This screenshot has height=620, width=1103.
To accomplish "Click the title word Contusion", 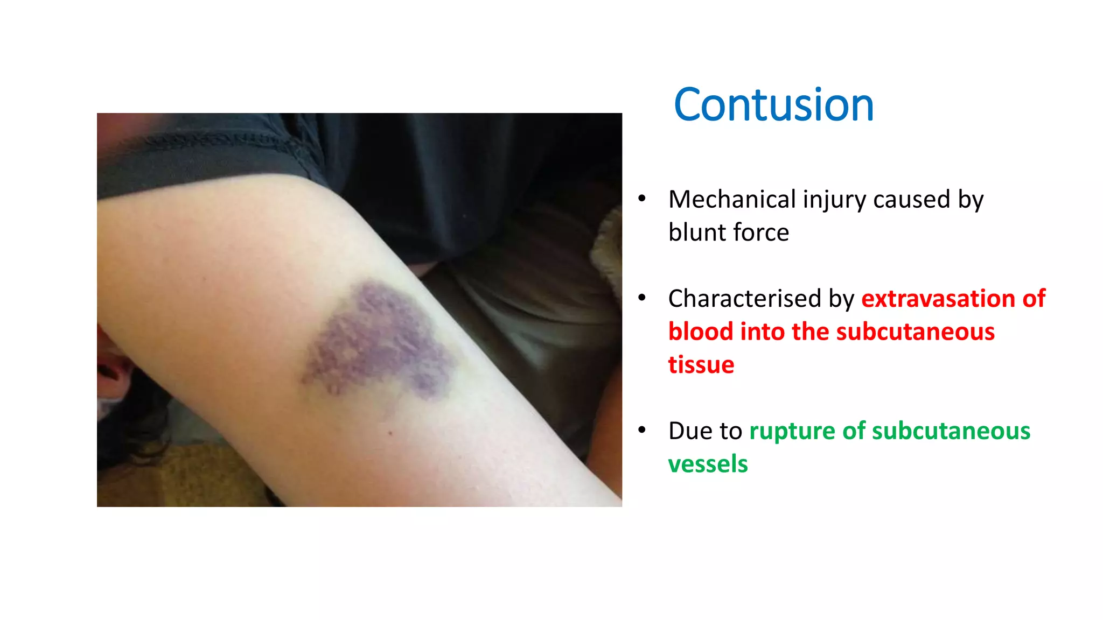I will pos(773,105).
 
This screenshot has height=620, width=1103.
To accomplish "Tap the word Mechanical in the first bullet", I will pos(732,200).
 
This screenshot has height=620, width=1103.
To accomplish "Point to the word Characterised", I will pos(744,299).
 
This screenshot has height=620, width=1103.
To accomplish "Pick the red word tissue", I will pos(701,365).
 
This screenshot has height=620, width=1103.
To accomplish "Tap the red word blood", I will pos(701,332).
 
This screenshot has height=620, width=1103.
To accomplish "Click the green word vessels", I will pos(708,464).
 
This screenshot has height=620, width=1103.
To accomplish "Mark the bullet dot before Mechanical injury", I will pos(641,199).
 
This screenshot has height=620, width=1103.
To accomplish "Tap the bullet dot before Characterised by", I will pos(641,298).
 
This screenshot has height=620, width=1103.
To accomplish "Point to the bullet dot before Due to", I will pos(641,431).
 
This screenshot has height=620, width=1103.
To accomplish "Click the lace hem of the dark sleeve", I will pos(215,142).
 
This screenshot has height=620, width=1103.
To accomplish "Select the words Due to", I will pos(705,431).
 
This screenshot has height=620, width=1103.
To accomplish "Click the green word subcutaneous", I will pos(951,431).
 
